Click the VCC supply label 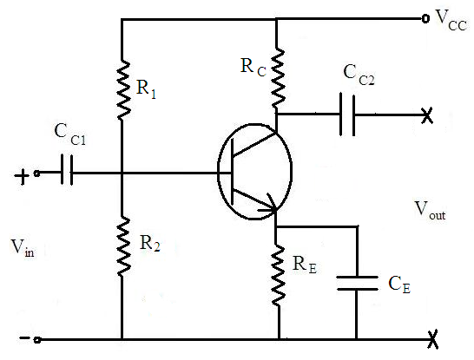tap(451, 20)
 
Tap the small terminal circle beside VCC tap(425, 19)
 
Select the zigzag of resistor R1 tap(123, 90)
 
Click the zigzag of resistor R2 tap(123, 245)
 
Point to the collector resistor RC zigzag tap(278, 77)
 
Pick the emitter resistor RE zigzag tap(278, 276)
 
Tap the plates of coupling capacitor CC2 tap(347, 115)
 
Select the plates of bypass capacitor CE tap(358, 283)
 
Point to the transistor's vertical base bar tap(232, 172)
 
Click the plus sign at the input tap(22, 177)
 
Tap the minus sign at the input tap(24, 337)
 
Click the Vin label tap(23, 248)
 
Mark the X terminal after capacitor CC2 tap(427, 115)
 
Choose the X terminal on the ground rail tap(432, 340)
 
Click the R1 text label tap(147, 88)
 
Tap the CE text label tap(399, 285)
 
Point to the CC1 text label tap(70, 134)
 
